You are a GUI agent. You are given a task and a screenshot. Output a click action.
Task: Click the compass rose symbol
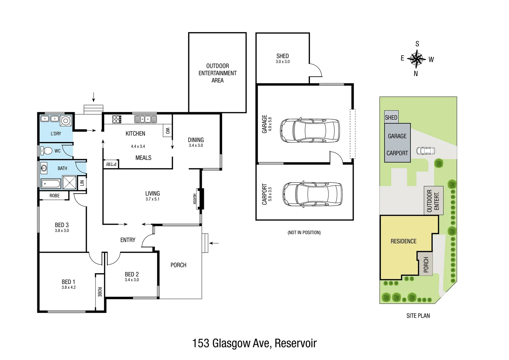coord(416,59)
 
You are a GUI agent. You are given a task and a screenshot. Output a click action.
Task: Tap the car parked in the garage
coord(309,130)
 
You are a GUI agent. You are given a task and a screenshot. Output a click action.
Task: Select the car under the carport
coord(312,194)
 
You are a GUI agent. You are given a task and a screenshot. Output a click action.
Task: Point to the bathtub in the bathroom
coord(51,184)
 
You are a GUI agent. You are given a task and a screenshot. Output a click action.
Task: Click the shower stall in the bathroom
coord(69,183)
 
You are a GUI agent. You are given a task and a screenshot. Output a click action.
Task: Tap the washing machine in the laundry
coord(66,121)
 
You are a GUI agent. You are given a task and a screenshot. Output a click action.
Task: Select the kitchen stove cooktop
coord(117,119)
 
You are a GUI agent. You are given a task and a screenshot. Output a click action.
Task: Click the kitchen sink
coord(145,119)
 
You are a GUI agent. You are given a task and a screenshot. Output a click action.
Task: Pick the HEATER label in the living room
coord(195,199)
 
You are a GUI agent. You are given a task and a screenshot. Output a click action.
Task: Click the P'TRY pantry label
coord(111,164)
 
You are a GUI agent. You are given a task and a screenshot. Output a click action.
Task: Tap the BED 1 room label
coord(68,282)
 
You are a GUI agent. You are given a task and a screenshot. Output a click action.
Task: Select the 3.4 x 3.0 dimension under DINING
coord(196,145)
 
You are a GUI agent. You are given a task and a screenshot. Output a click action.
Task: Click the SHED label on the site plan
coord(391,117)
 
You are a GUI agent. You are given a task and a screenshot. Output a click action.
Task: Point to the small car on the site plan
coord(425,151)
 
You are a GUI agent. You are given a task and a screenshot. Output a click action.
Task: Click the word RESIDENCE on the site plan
coord(403,241)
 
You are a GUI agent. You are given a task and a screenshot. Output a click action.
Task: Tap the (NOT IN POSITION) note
coord(304,233)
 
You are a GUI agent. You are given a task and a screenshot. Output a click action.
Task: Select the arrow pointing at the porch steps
coord(214,243)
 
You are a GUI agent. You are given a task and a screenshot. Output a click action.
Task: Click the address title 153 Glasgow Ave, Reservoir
coord(254,343)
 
